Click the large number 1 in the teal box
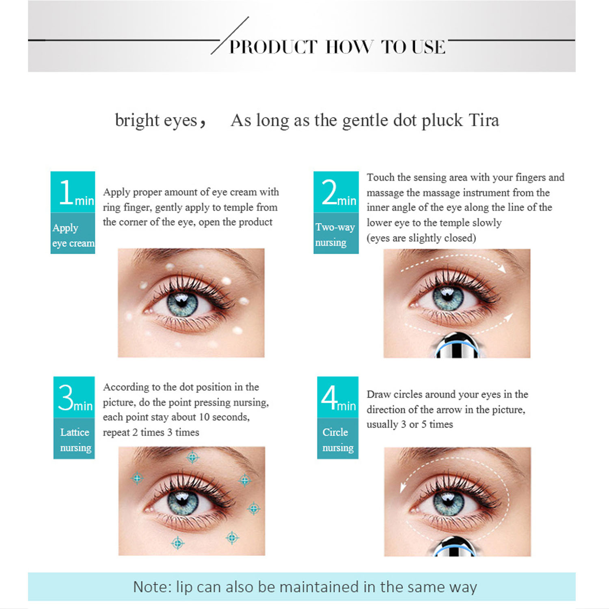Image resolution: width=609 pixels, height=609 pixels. pos(65,192)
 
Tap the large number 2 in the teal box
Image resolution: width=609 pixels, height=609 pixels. pos(329,192)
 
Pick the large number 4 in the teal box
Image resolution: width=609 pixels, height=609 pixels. pos(329,397)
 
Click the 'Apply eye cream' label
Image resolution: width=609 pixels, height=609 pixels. pos(73,235)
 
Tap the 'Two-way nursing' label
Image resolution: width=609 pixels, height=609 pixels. pos(335,235)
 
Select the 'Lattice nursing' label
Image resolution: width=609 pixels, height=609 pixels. pos(76,440)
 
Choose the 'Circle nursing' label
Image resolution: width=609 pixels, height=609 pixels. pos(338,440)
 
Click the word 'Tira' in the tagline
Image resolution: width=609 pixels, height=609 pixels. pos(484,120)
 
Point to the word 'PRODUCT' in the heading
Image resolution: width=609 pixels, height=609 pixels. pos(273,47)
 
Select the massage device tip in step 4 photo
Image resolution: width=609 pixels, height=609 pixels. pos(454,546)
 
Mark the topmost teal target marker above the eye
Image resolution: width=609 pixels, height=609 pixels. pos(193,458)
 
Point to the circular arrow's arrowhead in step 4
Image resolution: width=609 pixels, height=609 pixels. pos(403,486)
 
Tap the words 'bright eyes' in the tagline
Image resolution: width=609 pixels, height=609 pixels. pos(156,121)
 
